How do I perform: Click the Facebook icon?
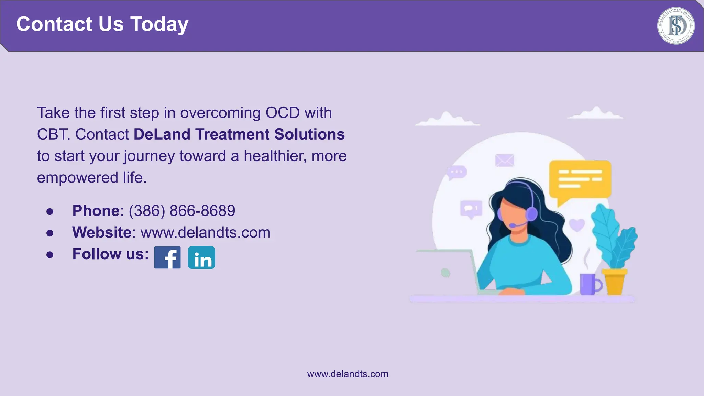[167, 257]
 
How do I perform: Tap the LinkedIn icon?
[201, 257]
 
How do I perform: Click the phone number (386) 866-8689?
[182, 211]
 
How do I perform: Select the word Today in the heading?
[159, 24]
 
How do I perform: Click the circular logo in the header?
[675, 26]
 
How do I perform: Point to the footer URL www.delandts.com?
[348, 374]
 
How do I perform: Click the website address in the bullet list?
[206, 232]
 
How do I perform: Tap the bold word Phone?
[96, 211]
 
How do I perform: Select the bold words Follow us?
[110, 254]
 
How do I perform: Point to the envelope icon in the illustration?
[505, 160]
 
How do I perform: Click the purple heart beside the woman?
[577, 225]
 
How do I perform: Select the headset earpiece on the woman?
[532, 214]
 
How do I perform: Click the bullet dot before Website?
[50, 233]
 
